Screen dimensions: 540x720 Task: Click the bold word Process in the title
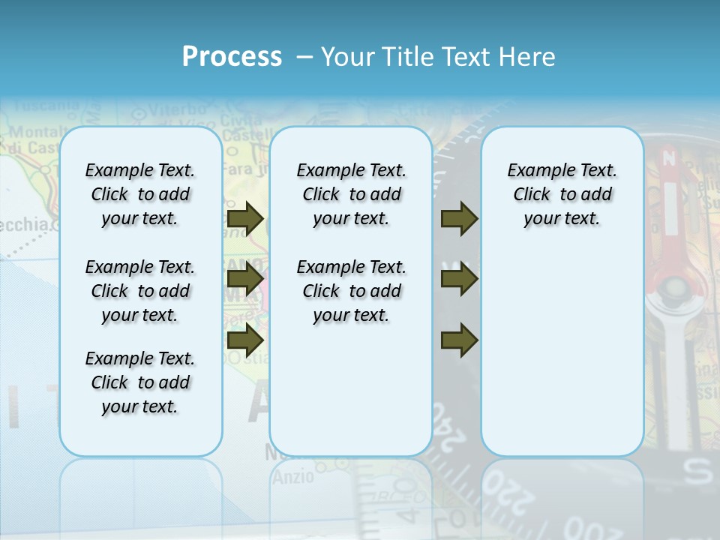(x=232, y=57)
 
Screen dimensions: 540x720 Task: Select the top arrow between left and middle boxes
(x=245, y=219)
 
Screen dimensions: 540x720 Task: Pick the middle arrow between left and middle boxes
(x=245, y=280)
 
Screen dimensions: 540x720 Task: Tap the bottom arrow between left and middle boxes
(x=245, y=340)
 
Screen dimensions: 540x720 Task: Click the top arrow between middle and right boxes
(x=460, y=219)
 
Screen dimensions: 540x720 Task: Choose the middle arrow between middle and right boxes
(x=460, y=280)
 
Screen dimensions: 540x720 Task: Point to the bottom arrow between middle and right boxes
(x=460, y=340)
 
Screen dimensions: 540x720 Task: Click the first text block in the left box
(x=140, y=194)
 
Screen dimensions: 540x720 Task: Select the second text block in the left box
(x=140, y=291)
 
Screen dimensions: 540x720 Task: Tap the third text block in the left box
(x=140, y=382)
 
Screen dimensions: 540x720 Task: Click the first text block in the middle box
(x=351, y=194)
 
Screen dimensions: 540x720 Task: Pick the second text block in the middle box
(x=351, y=291)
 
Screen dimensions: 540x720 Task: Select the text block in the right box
(x=562, y=194)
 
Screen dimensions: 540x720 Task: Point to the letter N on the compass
(x=669, y=159)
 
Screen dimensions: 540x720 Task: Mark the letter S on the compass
(x=700, y=472)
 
